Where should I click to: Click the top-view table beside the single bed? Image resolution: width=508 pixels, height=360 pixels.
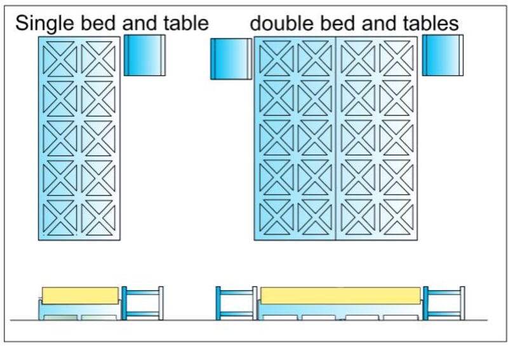(x=145, y=56)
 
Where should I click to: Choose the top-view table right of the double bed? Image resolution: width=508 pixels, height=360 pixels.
(x=443, y=56)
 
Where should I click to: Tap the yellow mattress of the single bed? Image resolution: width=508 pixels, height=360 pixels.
(x=80, y=295)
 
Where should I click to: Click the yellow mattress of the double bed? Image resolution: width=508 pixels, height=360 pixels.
(x=340, y=296)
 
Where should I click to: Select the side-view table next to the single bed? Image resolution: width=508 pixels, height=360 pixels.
(x=142, y=303)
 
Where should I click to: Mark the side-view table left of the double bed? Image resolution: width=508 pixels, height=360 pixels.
(x=236, y=303)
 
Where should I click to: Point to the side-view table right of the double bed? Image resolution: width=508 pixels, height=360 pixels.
(x=444, y=303)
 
